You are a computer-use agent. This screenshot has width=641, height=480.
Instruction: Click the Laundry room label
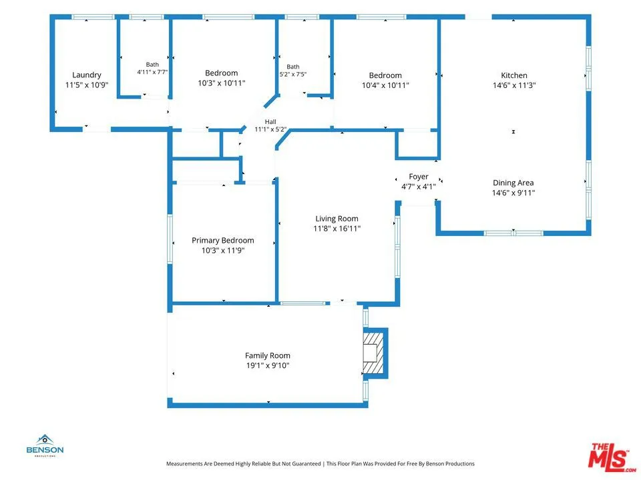tap(87, 75)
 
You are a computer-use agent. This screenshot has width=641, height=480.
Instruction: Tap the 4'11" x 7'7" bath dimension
tap(152, 72)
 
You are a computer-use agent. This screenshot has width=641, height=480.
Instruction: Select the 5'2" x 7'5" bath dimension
tap(293, 74)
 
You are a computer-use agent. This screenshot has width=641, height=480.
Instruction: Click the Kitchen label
tap(514, 75)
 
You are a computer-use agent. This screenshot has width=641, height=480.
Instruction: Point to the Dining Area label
tap(513, 183)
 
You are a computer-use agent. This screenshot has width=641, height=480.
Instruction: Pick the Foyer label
tap(419, 177)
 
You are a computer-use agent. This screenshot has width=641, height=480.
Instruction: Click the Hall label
tap(270, 121)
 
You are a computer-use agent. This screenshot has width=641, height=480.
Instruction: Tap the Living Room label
tap(337, 219)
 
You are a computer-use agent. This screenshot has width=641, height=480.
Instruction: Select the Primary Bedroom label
tap(223, 241)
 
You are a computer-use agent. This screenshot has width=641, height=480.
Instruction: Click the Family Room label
tap(268, 356)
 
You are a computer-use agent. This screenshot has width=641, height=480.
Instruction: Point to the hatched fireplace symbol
tap(374, 353)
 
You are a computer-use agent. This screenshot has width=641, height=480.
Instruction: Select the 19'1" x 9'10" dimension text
tap(268, 366)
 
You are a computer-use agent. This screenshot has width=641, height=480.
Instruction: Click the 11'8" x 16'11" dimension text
tap(337, 229)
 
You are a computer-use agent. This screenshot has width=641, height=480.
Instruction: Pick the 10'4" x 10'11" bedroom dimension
tap(385, 85)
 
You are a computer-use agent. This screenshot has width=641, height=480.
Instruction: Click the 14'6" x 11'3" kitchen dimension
tap(514, 85)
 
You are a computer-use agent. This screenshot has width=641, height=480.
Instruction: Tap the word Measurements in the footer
tap(184, 464)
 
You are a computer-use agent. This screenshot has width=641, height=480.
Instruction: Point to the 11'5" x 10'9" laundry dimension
tap(87, 85)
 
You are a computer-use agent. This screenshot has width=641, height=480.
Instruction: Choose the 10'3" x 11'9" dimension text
tap(223, 250)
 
